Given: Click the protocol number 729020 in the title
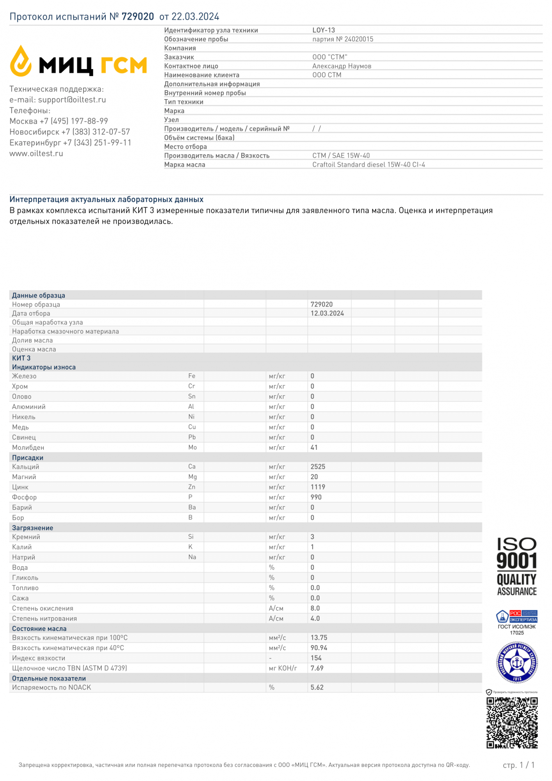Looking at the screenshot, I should point(138,16).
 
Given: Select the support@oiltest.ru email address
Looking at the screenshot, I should point(72,100).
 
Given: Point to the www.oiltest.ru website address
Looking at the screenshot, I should point(36,153).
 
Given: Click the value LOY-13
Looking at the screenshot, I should point(324,30).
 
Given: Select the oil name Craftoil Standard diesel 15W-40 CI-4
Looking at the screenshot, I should point(369,164).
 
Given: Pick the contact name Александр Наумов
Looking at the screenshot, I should point(342,66).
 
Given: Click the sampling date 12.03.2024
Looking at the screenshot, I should point(327,313).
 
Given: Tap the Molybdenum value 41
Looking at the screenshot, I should point(314,448).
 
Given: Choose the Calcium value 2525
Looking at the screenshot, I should point(318,467).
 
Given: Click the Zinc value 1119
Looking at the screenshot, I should point(318,487).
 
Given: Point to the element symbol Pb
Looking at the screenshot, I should point(192,437).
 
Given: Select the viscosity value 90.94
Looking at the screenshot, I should point(319,648).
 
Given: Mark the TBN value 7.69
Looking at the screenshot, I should point(317,668).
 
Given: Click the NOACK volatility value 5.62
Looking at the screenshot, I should point(317,687).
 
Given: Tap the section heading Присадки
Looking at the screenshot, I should point(28,458).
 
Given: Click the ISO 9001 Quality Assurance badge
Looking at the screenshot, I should point(517,567).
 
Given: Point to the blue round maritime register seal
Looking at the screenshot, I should point(517,663).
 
